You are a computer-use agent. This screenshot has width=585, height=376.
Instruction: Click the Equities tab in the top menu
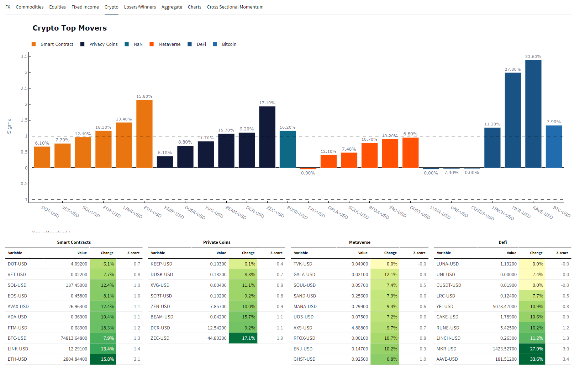click(x=57, y=7)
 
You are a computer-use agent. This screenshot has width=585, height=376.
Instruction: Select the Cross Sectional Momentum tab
click(x=235, y=7)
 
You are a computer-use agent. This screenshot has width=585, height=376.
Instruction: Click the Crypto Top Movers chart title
click(x=70, y=28)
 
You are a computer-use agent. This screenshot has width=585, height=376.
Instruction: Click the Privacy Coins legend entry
click(x=103, y=44)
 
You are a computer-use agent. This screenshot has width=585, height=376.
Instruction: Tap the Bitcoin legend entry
click(x=229, y=44)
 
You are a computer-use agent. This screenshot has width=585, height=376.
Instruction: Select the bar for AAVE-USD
click(x=533, y=114)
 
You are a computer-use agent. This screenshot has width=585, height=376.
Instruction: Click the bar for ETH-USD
click(x=144, y=134)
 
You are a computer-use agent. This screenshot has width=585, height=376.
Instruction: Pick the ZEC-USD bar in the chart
click(x=267, y=137)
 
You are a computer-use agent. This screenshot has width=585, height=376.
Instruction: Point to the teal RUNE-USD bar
click(x=288, y=149)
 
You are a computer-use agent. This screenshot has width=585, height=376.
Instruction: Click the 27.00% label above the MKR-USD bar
click(x=512, y=69)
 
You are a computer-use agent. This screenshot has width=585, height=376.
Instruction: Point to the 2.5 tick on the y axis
click(x=24, y=88)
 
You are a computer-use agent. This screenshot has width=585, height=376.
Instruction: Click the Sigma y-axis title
click(x=9, y=126)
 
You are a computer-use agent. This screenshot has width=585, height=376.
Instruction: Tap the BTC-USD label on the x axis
click(x=562, y=211)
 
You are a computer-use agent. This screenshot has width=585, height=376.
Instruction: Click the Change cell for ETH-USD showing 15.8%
click(x=103, y=359)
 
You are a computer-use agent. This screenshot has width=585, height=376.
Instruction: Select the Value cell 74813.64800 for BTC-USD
click(x=74, y=338)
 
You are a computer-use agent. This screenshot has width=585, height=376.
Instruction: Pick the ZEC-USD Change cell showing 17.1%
click(x=243, y=338)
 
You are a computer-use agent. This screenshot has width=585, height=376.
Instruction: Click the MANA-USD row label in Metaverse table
click(x=305, y=306)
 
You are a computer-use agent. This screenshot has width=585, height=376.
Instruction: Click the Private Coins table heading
click(x=217, y=242)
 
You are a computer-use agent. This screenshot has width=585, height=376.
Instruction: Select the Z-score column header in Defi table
click(x=562, y=253)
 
